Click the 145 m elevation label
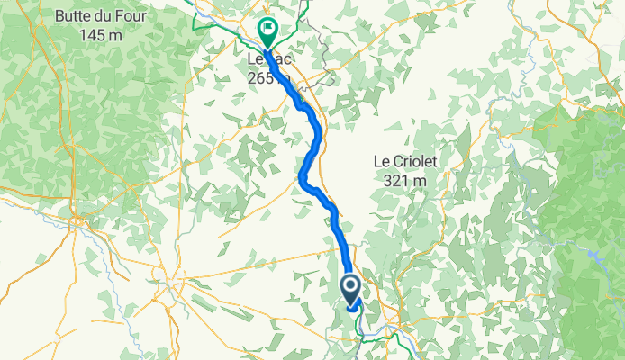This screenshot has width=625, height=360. pyautogui.click(x=88, y=35)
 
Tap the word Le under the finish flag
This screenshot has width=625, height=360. pyautogui.click(x=255, y=58)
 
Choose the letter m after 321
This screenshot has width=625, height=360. pyautogui.click(x=421, y=181)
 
